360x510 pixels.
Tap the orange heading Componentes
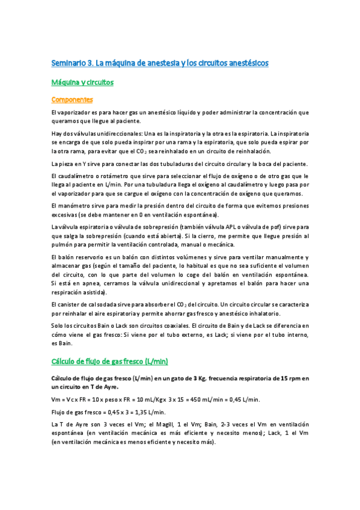[x=72, y=99]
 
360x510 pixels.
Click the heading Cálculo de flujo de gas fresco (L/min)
[x=110, y=361]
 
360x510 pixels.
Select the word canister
[x=69, y=305]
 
